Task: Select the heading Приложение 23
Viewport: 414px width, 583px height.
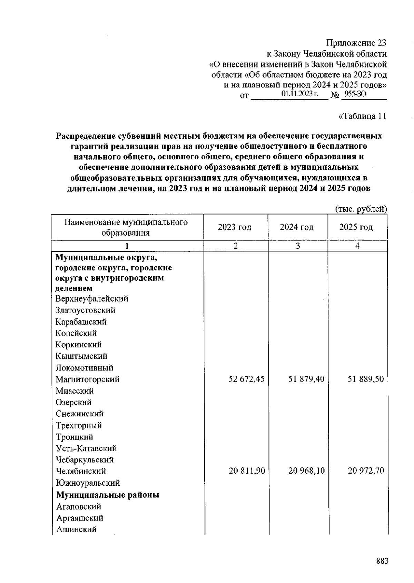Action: click(356, 43)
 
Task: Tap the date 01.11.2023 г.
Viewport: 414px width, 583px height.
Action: click(299, 94)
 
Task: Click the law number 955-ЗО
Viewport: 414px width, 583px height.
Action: click(355, 94)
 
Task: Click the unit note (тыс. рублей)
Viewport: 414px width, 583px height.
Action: click(361, 209)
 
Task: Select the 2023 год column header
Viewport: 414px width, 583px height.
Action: click(235, 227)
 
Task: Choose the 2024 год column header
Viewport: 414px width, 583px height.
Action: click(297, 227)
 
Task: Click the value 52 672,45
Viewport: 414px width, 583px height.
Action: click(246, 379)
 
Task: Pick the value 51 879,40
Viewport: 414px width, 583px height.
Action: click(306, 379)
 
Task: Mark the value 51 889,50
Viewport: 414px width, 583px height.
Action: click(366, 379)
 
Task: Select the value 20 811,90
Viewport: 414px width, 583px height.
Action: click(246, 471)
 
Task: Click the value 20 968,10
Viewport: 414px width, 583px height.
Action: click(306, 471)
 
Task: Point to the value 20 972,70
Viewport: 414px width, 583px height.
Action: click(366, 471)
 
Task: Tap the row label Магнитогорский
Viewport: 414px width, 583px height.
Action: click(88, 379)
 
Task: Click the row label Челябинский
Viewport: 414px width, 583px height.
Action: click(81, 471)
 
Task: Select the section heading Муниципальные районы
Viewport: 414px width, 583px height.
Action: click(108, 495)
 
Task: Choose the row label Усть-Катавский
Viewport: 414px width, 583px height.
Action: click(86, 448)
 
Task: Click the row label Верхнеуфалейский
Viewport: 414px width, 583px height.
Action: click(92, 299)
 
